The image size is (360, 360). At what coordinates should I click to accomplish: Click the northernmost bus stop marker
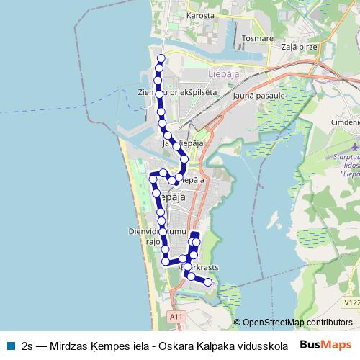pos(161,58)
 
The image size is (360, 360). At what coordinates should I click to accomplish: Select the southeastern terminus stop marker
pos(209,282)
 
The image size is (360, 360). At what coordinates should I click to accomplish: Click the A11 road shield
pos(176,316)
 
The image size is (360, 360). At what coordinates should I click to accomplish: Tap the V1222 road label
pos(351,303)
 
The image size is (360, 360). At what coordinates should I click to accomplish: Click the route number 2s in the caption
pos(27,345)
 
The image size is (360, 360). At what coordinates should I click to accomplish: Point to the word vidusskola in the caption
pos(263,345)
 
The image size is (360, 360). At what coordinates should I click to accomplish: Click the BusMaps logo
pos(325,344)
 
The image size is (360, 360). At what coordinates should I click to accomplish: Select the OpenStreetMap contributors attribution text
pos(297,322)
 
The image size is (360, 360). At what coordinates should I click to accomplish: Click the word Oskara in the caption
pos(176,345)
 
